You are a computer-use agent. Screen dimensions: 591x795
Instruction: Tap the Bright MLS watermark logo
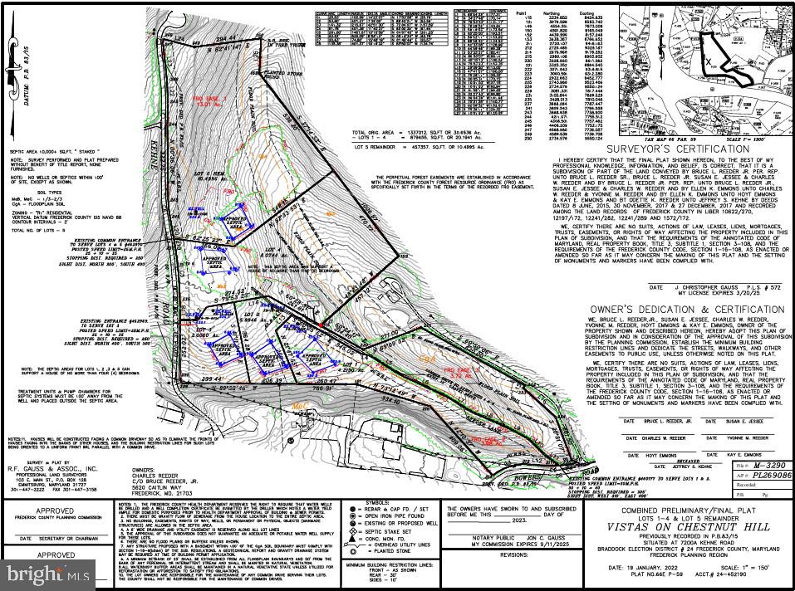[x=43, y=573]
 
